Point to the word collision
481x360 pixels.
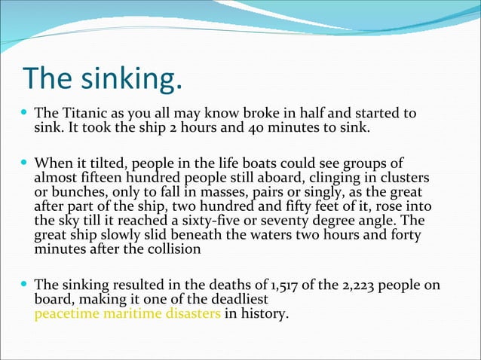pyautogui.click(x=173, y=249)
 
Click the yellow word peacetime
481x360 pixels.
pyautogui.click(x=66, y=313)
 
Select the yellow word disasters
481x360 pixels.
pyautogui.click(x=192, y=313)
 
